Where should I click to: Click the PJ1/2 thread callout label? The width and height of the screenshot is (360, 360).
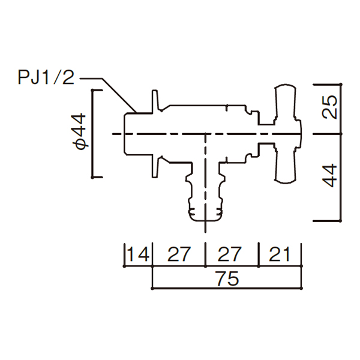[x=46, y=79]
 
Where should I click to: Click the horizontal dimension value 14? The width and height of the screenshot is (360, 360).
[x=139, y=254]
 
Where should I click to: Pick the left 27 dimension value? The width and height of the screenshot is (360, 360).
[x=179, y=254]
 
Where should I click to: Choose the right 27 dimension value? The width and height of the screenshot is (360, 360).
[x=231, y=254]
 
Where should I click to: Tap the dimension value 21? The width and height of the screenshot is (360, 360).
[x=280, y=254]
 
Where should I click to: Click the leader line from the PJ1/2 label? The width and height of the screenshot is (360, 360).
[x=114, y=90]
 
